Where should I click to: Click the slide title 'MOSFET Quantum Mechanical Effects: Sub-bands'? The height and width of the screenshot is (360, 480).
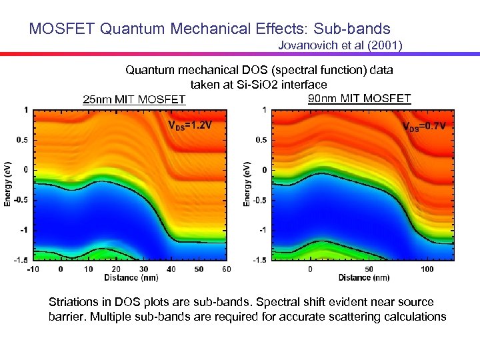[209, 29]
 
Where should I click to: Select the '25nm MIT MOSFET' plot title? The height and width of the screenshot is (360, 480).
[134, 100]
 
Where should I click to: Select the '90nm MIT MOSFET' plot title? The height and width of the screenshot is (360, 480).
[360, 99]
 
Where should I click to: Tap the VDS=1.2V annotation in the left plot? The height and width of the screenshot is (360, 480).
[190, 125]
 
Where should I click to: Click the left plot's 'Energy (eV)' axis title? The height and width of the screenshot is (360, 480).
[9, 184]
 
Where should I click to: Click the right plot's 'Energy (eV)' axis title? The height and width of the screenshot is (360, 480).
[248, 184]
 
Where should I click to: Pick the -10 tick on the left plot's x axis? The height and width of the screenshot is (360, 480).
[31, 269]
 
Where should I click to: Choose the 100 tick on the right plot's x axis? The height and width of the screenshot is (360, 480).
[427, 269]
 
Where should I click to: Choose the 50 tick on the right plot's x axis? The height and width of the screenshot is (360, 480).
[369, 269]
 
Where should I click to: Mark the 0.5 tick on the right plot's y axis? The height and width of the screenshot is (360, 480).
[261, 140]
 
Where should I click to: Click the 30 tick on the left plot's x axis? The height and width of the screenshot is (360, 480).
[143, 269]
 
